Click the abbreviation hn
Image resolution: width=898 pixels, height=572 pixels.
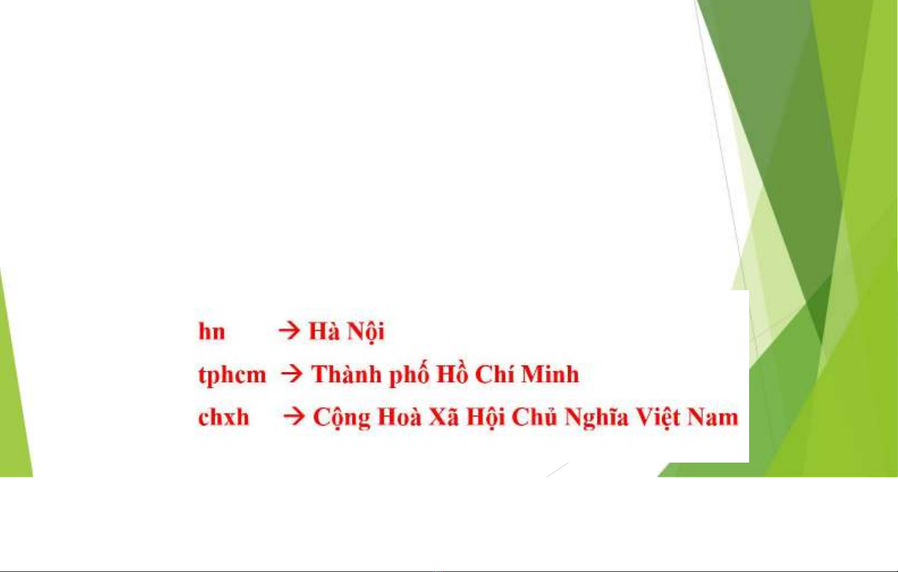(212, 331)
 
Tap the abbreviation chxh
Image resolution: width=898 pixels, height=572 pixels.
(223, 417)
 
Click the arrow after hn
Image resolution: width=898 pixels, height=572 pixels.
(289, 331)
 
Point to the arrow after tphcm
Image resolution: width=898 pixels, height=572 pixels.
(292, 374)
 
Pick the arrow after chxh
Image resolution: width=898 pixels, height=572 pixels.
(294, 416)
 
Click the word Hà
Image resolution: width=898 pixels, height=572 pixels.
(324, 331)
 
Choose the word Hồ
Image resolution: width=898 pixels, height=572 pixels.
(452, 373)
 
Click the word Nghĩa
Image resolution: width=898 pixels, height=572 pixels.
(596, 418)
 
